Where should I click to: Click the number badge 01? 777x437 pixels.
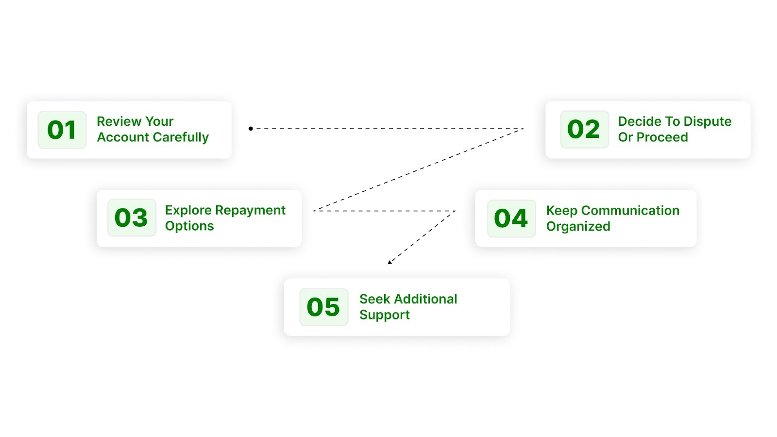click(x=62, y=130)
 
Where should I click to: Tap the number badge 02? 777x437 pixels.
click(x=584, y=129)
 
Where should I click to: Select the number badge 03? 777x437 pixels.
click(x=131, y=218)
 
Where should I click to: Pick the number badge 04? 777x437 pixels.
click(x=511, y=218)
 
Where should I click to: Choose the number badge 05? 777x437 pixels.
click(x=323, y=307)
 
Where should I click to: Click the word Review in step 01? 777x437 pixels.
click(x=117, y=121)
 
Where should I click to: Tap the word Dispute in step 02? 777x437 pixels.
click(x=707, y=121)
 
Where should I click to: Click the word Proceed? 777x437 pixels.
click(x=662, y=137)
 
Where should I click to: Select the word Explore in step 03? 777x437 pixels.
click(x=188, y=210)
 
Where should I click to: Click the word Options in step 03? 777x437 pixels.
click(x=189, y=226)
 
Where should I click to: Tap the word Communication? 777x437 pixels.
click(x=630, y=210)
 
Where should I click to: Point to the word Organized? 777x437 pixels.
click(x=578, y=226)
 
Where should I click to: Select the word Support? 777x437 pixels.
click(x=385, y=315)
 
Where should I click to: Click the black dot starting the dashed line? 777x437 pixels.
click(x=251, y=129)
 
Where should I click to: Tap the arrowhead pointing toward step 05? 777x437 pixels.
click(x=390, y=262)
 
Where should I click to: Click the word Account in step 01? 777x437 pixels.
click(x=123, y=137)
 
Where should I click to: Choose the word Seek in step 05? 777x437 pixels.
click(x=374, y=299)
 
